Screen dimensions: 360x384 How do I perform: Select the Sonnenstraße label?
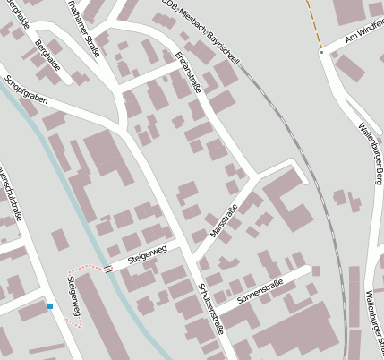(261, 290)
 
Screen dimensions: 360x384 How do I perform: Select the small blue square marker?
(50, 306)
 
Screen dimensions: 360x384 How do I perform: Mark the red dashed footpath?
(85, 269)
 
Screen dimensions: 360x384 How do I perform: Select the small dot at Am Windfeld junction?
(321, 52)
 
